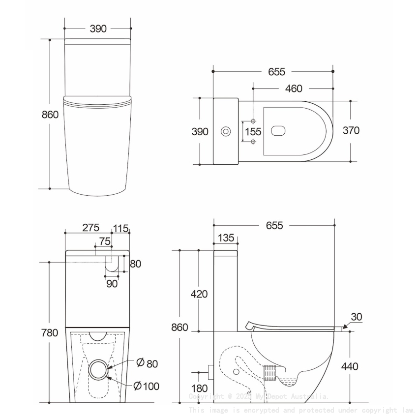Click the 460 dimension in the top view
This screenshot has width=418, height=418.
coord(293,89)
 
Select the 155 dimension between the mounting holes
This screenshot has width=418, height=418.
coord(253,132)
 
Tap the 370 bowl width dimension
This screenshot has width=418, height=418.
coord(351,130)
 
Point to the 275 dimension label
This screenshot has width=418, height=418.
coord(90,228)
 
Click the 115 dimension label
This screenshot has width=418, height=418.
coord(120,228)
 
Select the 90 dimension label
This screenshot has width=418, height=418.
coord(112,283)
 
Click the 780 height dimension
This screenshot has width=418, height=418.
coord(50,333)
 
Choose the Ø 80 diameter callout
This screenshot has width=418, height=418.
coord(146,363)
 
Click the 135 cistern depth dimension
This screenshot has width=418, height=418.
coord(225,238)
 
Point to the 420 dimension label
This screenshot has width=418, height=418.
coord(199,294)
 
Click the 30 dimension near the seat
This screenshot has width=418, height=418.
coord(357,317)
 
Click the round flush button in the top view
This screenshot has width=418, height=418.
coord(226,131)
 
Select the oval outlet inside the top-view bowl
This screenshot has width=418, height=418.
coord(279,131)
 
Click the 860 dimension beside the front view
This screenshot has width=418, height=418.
coord(50,115)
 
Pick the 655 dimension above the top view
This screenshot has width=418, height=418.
coord(276,72)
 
